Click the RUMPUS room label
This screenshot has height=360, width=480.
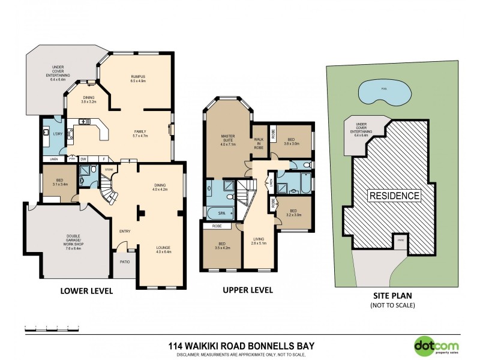pyautogui.click(x=139, y=79)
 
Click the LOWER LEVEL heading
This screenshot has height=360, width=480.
pyautogui.click(x=86, y=291)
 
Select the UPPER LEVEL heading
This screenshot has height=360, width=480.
pyautogui.click(x=248, y=290)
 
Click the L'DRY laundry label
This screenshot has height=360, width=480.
pyautogui.click(x=58, y=133)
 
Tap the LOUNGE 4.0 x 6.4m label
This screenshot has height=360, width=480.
pyautogui.click(x=163, y=250)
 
